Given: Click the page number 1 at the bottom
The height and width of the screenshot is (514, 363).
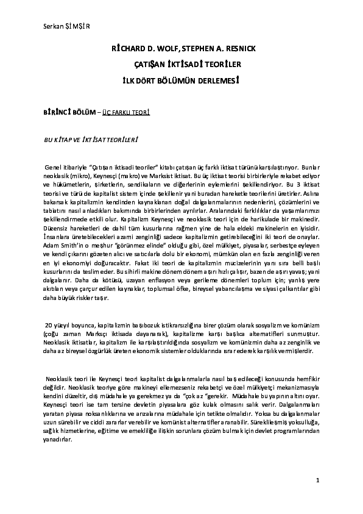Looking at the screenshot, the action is click(318, 482).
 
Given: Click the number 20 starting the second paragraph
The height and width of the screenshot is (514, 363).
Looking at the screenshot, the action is click(40, 326).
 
